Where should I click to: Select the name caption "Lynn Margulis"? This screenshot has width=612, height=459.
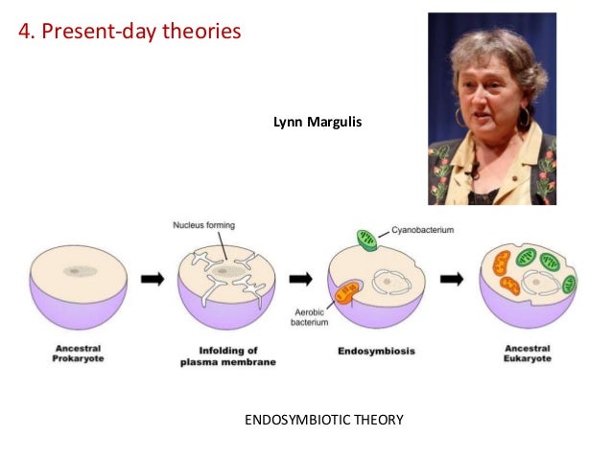click(x=318, y=123)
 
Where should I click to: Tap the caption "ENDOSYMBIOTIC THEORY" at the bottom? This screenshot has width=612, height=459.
click(x=325, y=418)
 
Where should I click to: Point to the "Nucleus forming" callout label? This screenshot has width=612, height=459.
click(x=203, y=225)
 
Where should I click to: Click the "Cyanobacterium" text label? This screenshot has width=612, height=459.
click(x=422, y=231)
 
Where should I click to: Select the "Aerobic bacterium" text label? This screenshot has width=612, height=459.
click(x=310, y=316)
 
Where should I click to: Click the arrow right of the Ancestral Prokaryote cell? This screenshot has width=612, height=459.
click(x=152, y=278)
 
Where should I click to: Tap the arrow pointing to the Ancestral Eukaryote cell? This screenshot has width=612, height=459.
click(x=450, y=279)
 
